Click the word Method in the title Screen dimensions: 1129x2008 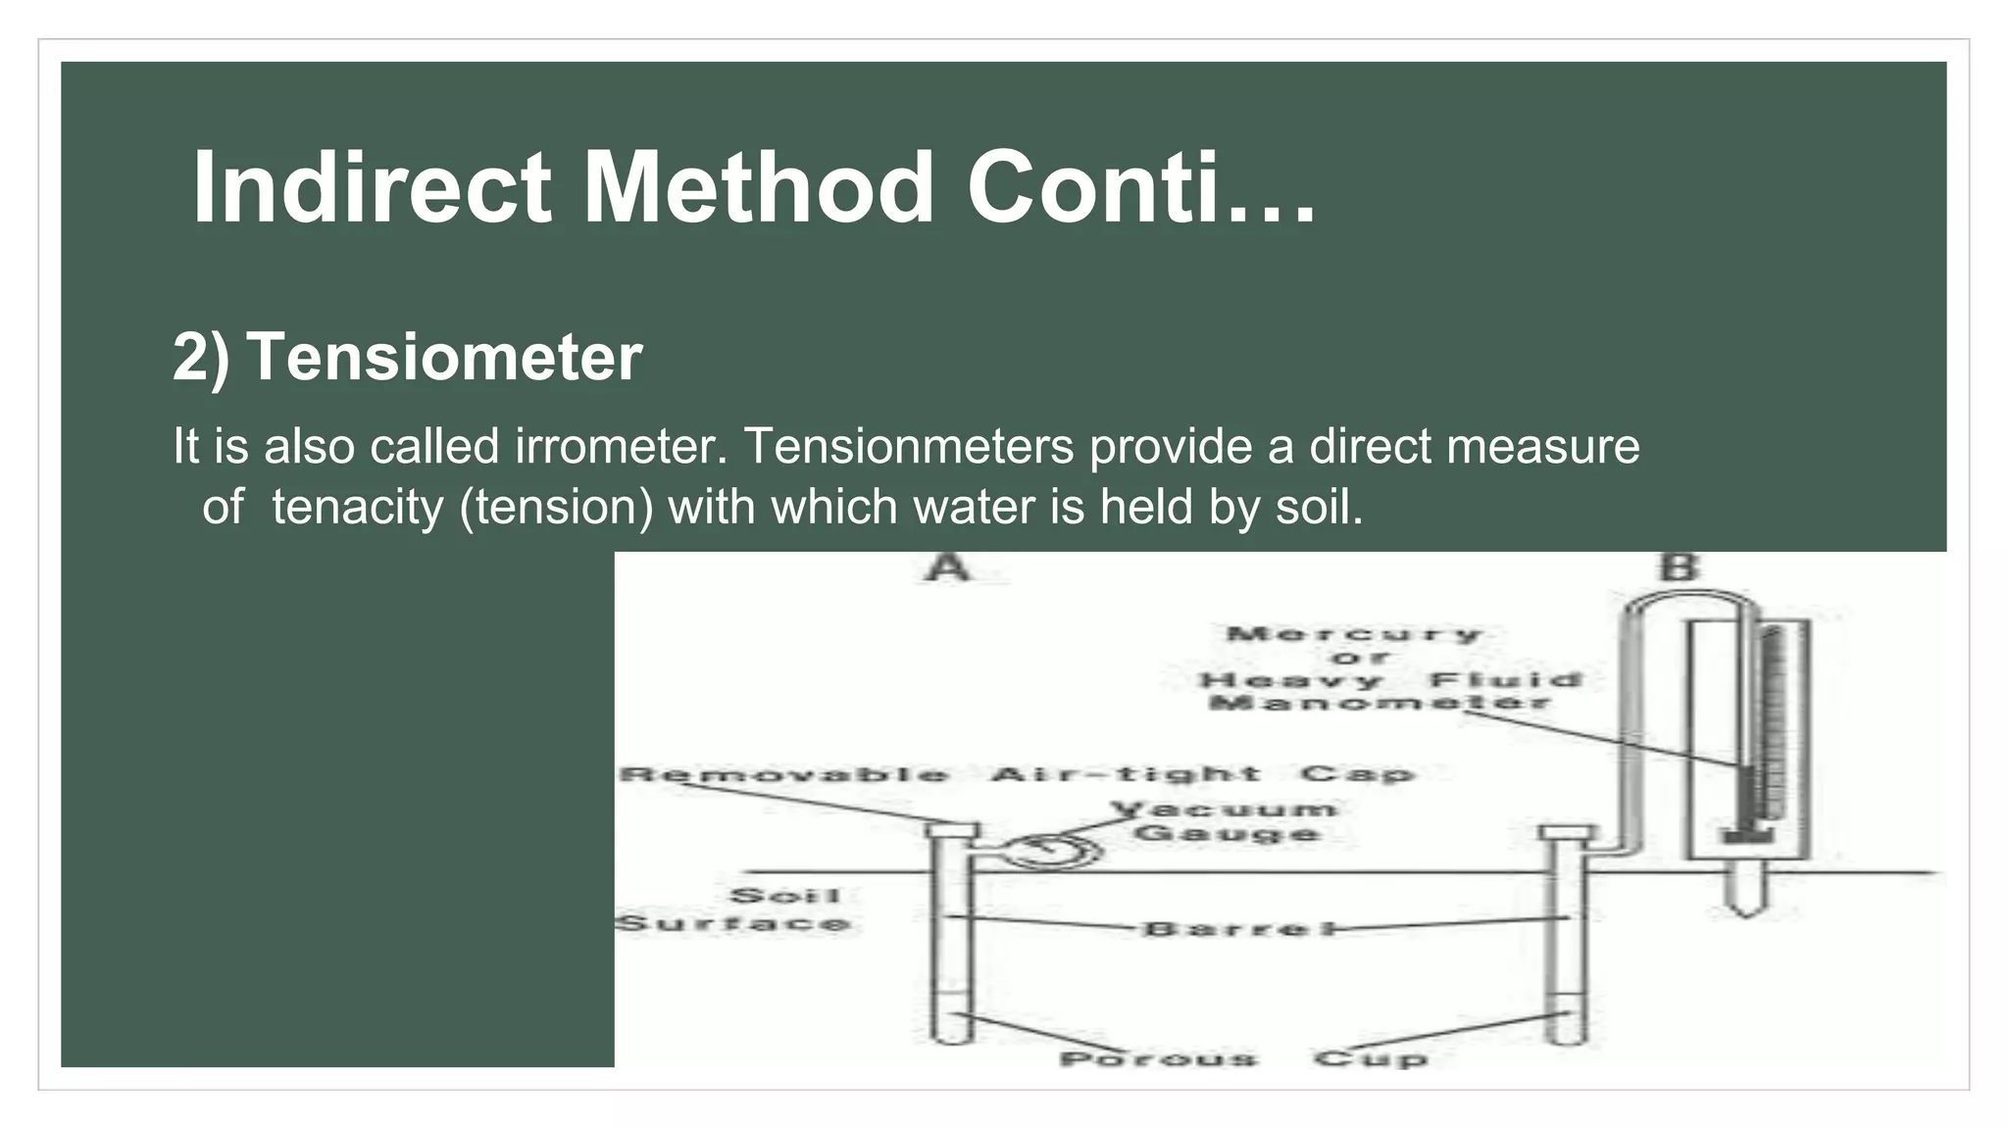pos(758,188)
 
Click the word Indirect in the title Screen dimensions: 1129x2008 pos(372,188)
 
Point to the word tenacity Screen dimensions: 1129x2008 pos(357,508)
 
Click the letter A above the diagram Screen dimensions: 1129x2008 pos(947,567)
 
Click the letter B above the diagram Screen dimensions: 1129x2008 pos(1679,567)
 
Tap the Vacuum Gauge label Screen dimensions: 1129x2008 pos(1227,821)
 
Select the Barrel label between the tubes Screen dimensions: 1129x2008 pos(1237,928)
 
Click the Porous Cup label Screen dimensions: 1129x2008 pos(1243,1059)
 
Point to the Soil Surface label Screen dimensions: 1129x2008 pos(735,909)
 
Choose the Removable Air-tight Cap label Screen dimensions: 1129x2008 pos(1017,774)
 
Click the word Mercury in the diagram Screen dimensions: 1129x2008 pos(1353,634)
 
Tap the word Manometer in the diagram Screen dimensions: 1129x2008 pos(1379,703)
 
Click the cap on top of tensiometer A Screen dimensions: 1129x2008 pos(951,831)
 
